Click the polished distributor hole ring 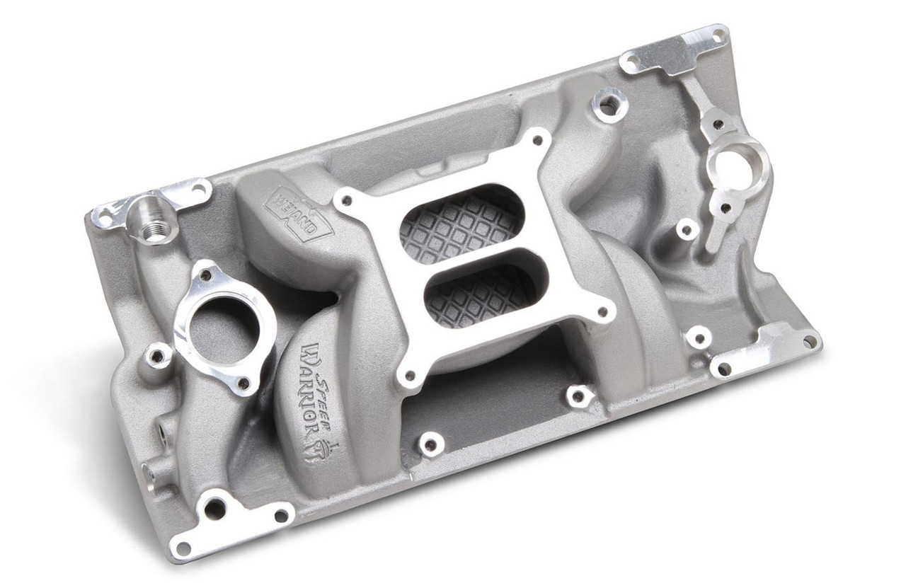tap(736, 162)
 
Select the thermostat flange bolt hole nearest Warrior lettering tap(243, 384)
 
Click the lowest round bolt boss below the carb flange tap(430, 444)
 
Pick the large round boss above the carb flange tap(607, 106)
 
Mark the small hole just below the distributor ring tap(725, 207)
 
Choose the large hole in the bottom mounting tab tap(214, 507)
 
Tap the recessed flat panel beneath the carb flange tap(495, 396)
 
